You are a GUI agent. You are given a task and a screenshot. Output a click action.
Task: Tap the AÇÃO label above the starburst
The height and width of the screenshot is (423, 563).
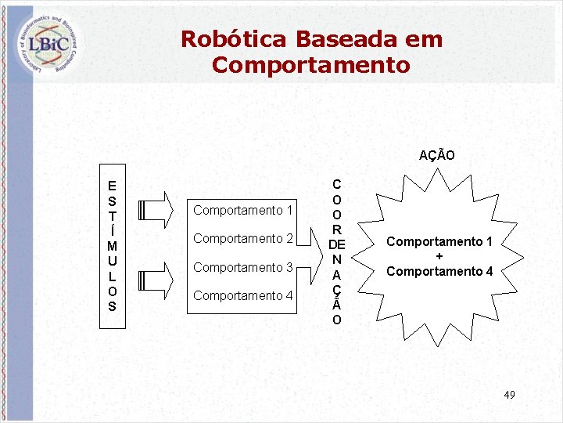point(436,155)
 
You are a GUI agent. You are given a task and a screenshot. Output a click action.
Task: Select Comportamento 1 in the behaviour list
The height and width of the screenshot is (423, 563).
point(242,210)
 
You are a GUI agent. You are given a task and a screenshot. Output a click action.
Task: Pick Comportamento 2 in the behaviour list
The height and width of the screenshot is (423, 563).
point(242,238)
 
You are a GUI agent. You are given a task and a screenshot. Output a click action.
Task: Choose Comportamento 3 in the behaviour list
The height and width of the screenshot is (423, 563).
point(242,267)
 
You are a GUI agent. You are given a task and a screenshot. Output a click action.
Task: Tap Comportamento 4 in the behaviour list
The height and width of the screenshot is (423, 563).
point(242,295)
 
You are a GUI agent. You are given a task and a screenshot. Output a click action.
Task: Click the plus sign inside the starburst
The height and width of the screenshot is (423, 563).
point(439,256)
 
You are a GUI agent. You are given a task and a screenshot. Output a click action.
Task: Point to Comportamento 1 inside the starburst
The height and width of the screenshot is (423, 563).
point(439,241)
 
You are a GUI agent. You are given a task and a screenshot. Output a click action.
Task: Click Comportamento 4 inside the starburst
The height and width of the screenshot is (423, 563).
point(439,271)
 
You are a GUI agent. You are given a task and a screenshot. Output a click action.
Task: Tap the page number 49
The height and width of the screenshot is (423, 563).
point(509,394)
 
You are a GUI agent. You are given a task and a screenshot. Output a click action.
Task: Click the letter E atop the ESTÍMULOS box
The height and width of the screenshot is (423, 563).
point(113,186)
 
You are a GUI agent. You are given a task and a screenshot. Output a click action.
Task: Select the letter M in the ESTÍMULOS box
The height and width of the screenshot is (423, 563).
point(113,247)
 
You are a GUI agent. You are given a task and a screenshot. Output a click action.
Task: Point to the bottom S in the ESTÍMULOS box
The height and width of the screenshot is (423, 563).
point(113,306)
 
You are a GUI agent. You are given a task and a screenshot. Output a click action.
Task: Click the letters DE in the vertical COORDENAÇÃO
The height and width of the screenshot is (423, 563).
point(336,244)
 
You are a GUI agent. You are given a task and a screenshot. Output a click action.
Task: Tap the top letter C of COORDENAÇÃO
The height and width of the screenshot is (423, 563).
point(336,185)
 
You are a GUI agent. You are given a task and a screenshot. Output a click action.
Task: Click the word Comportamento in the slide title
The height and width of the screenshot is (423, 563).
point(310,65)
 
